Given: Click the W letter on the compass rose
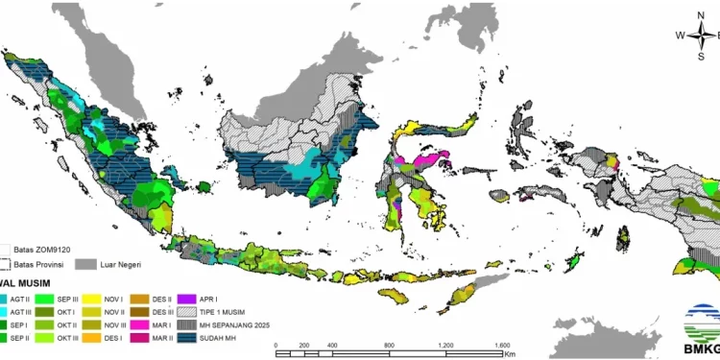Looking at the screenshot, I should coord(681,36).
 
